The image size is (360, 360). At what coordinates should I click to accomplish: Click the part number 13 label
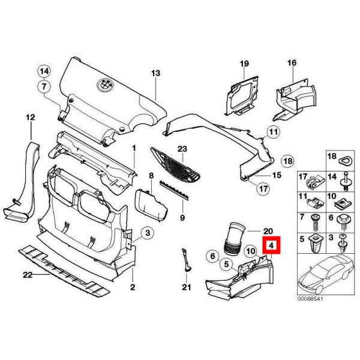click(x=156, y=73)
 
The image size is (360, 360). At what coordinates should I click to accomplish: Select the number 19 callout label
click(x=244, y=63)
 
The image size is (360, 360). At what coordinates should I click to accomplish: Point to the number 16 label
click(x=292, y=63)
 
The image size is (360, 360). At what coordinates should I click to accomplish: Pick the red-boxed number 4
click(x=272, y=245)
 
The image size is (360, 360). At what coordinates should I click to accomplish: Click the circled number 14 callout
click(x=44, y=71)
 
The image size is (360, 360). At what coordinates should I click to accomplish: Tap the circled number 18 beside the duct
click(x=287, y=161)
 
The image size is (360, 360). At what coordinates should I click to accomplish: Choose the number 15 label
click(x=277, y=175)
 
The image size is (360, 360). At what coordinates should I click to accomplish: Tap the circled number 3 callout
click(x=148, y=232)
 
